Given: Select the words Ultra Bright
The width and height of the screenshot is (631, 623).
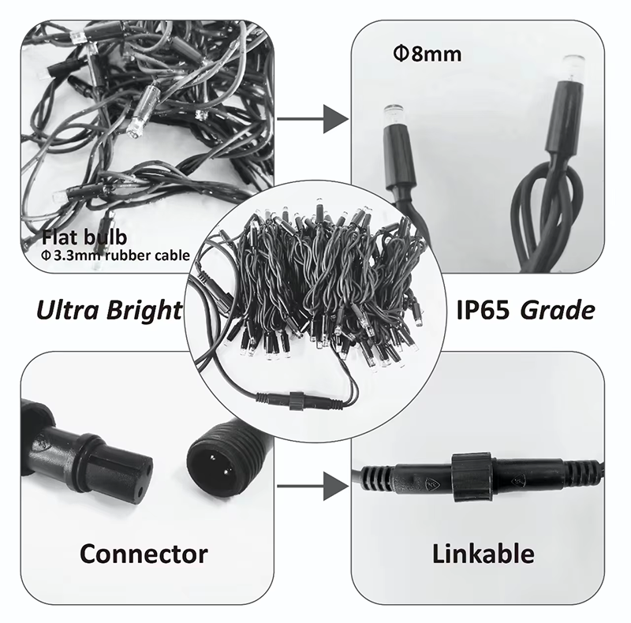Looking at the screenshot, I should click(x=109, y=309).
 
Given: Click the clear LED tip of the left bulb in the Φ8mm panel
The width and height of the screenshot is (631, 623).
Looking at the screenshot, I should click(x=392, y=114).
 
